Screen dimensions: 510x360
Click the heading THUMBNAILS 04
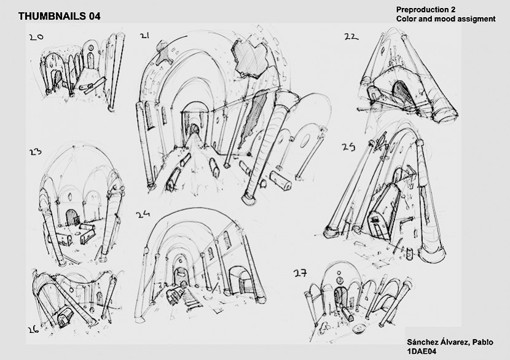[59, 16]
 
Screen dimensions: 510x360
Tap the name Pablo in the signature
[483, 342]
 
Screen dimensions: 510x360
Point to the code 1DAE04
[421, 351]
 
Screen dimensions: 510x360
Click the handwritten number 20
[36, 37]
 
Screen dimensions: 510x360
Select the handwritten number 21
[144, 36]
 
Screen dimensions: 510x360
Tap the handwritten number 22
[351, 37]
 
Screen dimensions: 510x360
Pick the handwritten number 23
[35, 152]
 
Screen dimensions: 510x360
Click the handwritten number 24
[143, 214]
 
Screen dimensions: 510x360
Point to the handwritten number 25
[348, 147]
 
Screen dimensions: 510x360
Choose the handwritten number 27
[300, 273]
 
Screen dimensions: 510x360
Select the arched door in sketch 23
[71, 217]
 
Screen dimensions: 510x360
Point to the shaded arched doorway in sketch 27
[340, 297]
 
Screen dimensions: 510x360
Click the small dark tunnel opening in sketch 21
[195, 129]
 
